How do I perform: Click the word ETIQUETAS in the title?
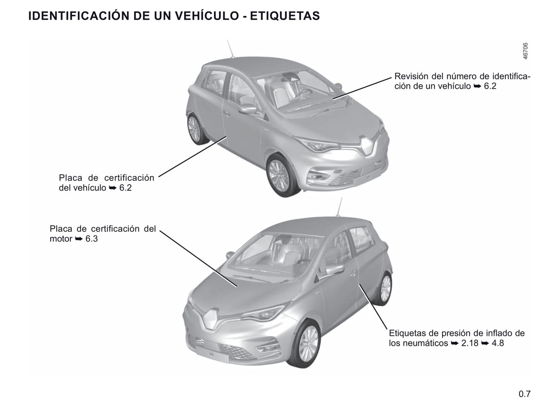(285, 16)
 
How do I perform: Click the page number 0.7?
(525, 394)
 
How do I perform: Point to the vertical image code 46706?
(525, 51)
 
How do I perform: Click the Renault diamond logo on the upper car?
(366, 147)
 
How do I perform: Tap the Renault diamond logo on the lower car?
(211, 319)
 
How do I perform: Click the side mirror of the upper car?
(247, 109)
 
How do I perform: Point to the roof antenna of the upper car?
(231, 49)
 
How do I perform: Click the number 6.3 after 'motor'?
(91, 238)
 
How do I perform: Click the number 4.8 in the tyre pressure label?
(498, 343)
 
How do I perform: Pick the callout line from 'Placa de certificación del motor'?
(198, 258)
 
